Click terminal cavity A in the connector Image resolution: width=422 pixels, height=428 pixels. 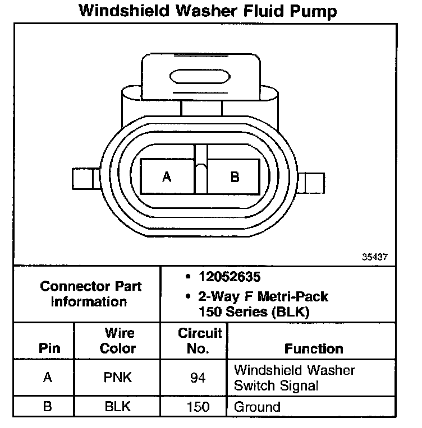point(167,177)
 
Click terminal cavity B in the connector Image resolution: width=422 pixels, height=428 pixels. point(235,177)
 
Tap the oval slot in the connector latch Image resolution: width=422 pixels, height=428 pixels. point(200,77)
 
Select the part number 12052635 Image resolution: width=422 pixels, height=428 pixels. point(230,276)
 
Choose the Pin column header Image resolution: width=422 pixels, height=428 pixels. point(49,348)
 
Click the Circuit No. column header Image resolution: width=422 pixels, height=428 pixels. point(200,341)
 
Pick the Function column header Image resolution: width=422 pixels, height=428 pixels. point(314,348)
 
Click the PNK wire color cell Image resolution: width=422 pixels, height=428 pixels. point(118,378)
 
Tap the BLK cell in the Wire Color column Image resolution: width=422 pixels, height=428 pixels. point(118,406)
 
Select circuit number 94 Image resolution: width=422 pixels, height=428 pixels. point(198,378)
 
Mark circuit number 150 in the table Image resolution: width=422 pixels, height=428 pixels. point(198,406)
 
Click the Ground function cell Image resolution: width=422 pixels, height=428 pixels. point(256,406)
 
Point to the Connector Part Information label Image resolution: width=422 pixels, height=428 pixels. point(91,294)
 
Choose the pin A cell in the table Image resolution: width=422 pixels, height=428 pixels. point(48,378)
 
